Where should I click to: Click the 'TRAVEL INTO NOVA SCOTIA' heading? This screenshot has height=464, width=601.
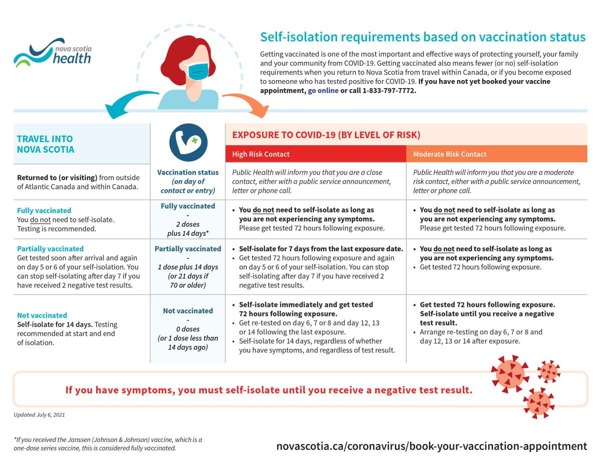pyautogui.click(x=46, y=144)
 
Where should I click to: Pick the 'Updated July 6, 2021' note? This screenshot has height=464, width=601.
pyautogui.click(x=40, y=415)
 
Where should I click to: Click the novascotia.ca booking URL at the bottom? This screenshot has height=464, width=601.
pyautogui.click(x=431, y=446)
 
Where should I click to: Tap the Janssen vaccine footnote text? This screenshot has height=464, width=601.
pyautogui.click(x=108, y=443)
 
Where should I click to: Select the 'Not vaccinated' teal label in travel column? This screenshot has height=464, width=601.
pyautogui.click(x=42, y=315)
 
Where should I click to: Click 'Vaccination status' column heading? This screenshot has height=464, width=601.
pyautogui.click(x=188, y=172)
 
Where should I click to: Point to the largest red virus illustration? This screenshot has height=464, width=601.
pyautogui.click(x=509, y=373)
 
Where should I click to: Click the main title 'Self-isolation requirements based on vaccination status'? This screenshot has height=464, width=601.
pyautogui.click(x=422, y=37)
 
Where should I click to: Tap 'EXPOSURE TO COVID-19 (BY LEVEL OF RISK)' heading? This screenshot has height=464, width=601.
pyautogui.click(x=326, y=135)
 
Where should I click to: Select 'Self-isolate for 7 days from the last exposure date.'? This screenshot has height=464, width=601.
pyautogui.click(x=321, y=249)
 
